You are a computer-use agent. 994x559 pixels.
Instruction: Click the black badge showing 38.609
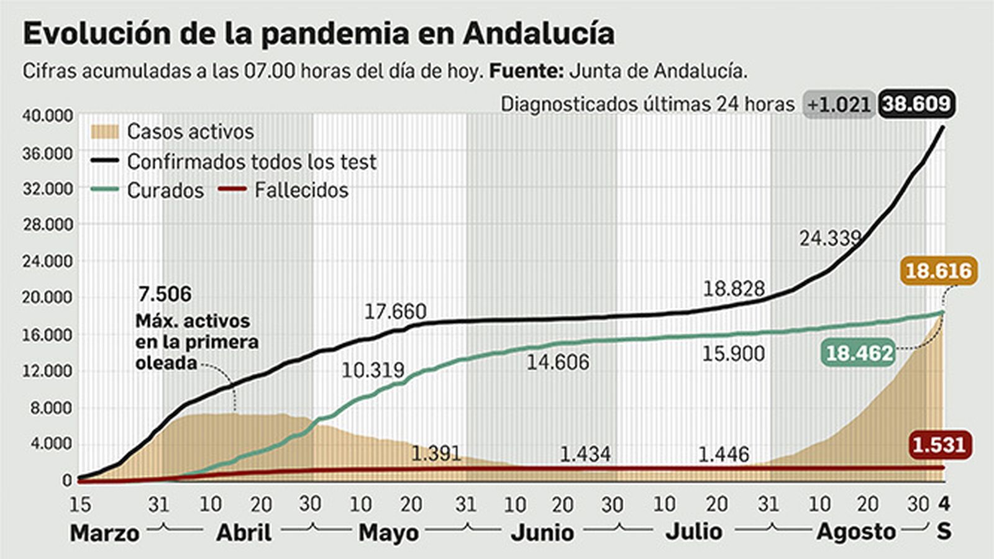point(917,104)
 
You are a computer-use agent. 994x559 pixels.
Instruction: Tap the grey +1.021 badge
point(839,104)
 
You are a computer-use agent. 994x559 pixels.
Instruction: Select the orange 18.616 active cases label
point(938,271)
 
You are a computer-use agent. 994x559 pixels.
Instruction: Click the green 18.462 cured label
point(859,353)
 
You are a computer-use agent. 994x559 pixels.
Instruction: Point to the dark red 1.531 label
point(939,445)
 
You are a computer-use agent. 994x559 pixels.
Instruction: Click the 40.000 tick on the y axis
point(48,116)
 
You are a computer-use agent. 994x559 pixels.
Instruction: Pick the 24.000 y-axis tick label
point(48,261)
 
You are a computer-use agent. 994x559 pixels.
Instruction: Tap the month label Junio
point(542,532)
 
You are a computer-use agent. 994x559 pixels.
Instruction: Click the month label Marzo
point(104,533)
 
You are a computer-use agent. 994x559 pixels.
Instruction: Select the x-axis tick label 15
point(80,504)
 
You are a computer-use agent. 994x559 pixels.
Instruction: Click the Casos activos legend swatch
point(104,132)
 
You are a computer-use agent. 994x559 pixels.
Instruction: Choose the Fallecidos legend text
point(301,190)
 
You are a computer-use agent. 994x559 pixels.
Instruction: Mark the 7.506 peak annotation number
point(165,294)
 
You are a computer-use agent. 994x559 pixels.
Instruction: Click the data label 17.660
point(395,311)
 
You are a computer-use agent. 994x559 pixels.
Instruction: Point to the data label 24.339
point(830,238)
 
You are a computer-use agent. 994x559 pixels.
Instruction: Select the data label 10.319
point(373,370)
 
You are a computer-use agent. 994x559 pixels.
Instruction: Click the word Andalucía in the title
point(539,34)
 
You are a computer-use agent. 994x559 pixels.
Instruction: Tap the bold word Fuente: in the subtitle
point(526,71)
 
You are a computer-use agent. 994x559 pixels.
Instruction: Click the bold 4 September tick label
point(944,504)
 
